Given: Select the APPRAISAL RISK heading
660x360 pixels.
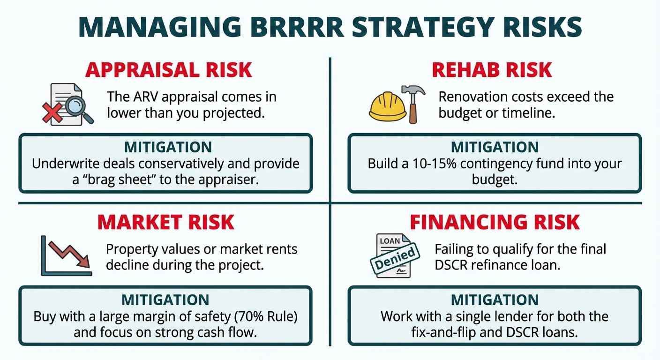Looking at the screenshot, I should pyautogui.click(x=168, y=70).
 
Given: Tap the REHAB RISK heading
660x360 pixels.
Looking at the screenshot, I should pyautogui.click(x=492, y=70).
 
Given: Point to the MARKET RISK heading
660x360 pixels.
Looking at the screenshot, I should pyautogui.click(x=165, y=222).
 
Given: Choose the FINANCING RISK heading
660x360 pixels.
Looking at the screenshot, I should pyautogui.click(x=495, y=222).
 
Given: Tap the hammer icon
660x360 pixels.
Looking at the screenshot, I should pyautogui.click(x=413, y=103).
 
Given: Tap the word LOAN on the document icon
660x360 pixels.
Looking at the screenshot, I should pyautogui.click(x=390, y=241).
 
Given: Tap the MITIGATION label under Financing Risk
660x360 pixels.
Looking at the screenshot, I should pyautogui.click(x=495, y=300).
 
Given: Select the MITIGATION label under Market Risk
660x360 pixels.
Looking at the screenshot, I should pyautogui.click(x=165, y=300).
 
